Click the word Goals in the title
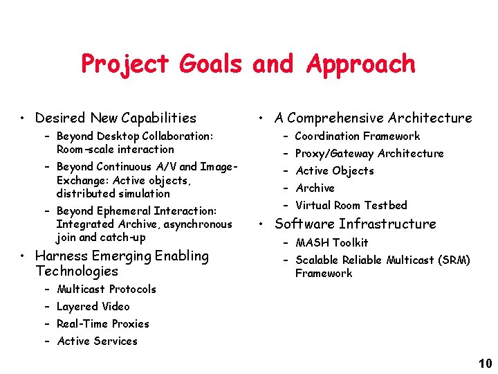210,64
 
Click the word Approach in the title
360,64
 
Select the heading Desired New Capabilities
116,118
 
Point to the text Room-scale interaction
115,150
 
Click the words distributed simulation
113,193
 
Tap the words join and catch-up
101,238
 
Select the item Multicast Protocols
107,289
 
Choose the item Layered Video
93,306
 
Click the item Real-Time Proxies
103,323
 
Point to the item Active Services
98,341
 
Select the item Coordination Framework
357,136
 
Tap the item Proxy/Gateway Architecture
369,154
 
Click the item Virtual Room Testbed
351,205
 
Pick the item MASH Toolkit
331,243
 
